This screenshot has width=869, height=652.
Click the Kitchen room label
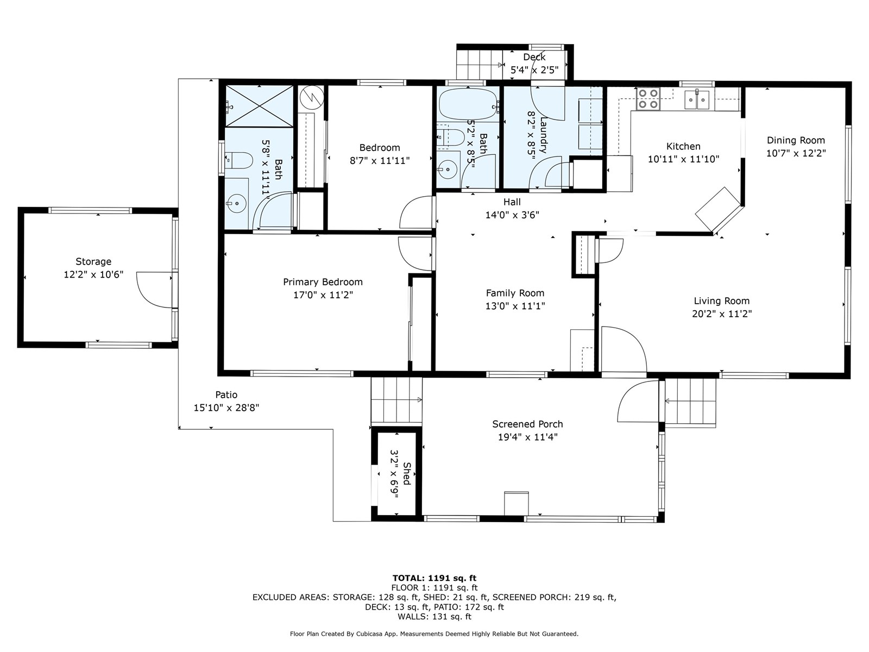[683, 147]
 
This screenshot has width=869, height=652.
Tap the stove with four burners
[648, 98]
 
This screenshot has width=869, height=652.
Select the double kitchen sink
[697, 98]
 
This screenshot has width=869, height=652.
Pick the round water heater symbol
[312, 97]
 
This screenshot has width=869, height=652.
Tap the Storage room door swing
[154, 290]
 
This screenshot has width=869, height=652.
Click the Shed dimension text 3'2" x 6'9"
[395, 473]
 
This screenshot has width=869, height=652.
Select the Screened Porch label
[527, 424]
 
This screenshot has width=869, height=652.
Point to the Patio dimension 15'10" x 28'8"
[226, 407]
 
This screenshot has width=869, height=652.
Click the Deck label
[534, 57]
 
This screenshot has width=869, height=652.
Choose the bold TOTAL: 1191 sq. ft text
[434, 578]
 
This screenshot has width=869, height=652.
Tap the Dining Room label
[796, 140]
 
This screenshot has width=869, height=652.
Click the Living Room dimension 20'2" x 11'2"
[722, 314]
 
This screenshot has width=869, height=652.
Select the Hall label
[512, 202]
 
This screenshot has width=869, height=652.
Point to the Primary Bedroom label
[323, 282]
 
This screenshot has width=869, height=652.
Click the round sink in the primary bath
[236, 203]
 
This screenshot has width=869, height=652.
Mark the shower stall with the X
[259, 106]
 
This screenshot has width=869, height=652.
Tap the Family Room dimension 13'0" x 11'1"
[515, 306]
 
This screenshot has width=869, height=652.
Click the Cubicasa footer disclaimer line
[434, 634]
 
